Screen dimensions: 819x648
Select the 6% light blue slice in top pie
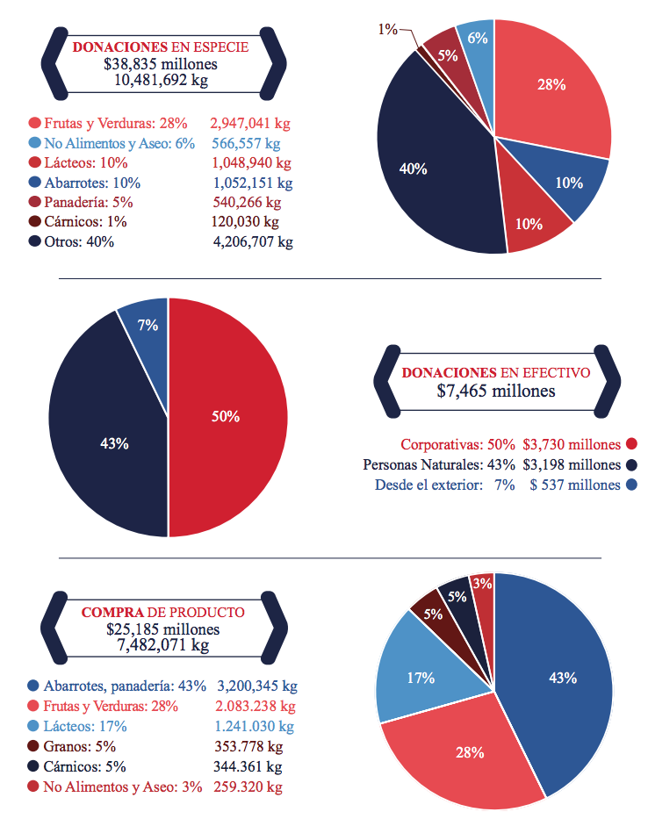477,44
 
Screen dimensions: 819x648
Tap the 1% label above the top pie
387,29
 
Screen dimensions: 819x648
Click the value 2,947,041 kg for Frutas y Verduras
251,124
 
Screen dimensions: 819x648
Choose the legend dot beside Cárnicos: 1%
34,221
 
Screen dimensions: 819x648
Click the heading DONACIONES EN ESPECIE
160,47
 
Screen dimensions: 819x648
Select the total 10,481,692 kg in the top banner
162,80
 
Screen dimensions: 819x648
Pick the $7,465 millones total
496,391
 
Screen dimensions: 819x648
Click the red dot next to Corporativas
631,444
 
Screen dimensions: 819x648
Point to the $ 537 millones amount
575,485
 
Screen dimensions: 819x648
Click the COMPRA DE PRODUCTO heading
163,612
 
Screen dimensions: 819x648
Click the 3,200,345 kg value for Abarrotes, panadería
257,686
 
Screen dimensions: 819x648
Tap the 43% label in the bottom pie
562,678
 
